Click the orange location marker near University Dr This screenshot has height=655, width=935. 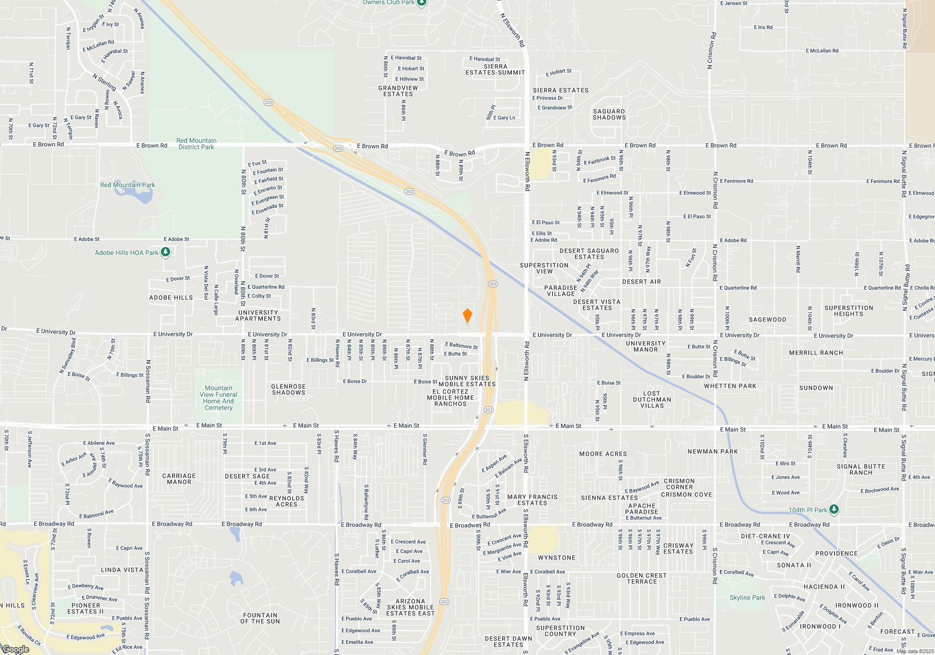tap(467, 316)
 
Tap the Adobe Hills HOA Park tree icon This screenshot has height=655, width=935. tap(165, 252)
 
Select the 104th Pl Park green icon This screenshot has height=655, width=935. tap(834, 509)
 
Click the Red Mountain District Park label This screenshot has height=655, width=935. tap(196, 144)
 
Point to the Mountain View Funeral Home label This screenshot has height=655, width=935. tap(218, 398)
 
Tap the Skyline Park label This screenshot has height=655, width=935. tap(747, 597)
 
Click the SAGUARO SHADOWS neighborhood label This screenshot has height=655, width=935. tap(609, 115)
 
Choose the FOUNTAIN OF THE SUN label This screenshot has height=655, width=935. tap(260, 618)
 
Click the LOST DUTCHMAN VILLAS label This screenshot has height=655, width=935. tap(652, 400)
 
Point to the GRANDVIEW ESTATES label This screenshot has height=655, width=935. tap(398, 91)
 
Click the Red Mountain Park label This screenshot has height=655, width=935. tap(128, 185)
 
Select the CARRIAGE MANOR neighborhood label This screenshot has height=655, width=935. tap(179, 479)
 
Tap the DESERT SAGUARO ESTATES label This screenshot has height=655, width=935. tap(589, 254)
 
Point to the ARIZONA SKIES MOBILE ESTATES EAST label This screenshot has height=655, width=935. tap(410, 607)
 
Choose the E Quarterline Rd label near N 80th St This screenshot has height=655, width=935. tap(266, 287)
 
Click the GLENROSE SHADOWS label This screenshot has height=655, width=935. tap(288, 389)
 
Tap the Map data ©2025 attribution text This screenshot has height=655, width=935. tap(915, 651)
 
